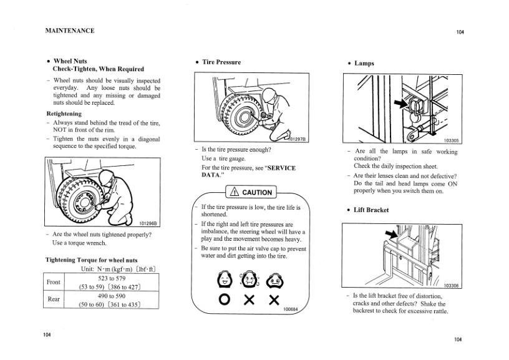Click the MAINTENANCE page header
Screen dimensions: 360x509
click(70, 30)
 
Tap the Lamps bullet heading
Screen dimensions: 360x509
click(364, 63)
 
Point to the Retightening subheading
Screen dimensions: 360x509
click(64, 114)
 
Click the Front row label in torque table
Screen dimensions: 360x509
click(54, 282)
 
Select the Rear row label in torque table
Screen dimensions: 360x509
click(54, 299)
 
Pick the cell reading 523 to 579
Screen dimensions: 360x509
click(112, 278)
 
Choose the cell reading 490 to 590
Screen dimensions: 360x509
click(112, 295)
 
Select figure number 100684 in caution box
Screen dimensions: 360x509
click(291, 310)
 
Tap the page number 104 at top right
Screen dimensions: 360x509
click(460, 32)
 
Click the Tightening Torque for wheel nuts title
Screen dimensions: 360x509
click(92, 260)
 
